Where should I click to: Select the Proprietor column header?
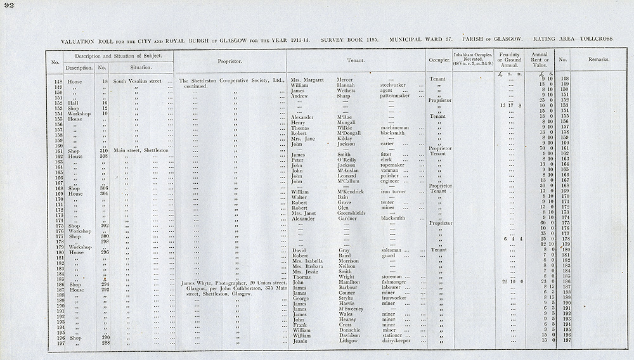coord(230,61)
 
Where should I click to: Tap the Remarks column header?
coord(598,60)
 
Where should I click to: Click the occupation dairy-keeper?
coord(397,342)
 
